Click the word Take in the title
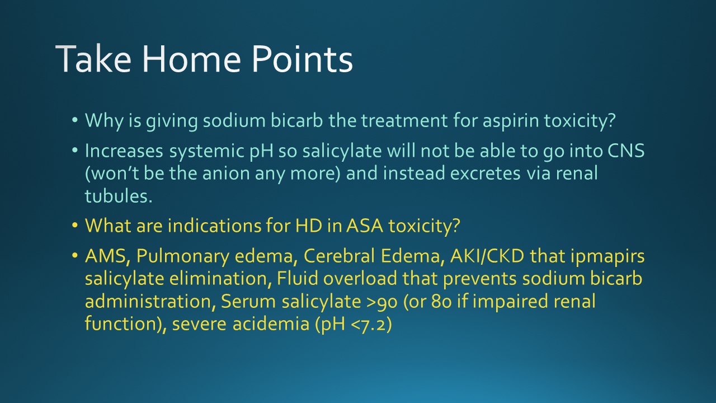tap(93, 59)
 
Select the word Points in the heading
tap(303, 59)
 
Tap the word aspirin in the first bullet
tap(511, 121)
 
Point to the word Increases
tap(124, 151)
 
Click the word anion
tap(226, 174)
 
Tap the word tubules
tap(118, 196)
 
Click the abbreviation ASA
tap(365, 226)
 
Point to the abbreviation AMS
tap(107, 256)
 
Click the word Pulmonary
tap(183, 257)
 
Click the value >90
tap(381, 302)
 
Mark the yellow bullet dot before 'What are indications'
tap(75, 226)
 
